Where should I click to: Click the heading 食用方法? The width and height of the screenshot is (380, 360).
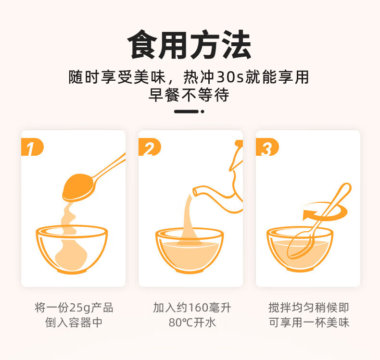click(x=189, y=45)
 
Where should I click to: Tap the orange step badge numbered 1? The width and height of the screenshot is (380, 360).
click(x=32, y=147)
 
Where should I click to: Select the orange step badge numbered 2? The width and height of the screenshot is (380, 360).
click(x=150, y=147)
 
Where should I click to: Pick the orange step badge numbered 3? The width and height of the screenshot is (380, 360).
click(x=267, y=147)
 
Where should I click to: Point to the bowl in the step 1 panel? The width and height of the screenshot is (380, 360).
click(x=72, y=249)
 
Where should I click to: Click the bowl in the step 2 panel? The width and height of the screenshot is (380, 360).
click(x=189, y=250)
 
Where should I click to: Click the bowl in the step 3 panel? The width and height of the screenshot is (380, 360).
click(x=300, y=249)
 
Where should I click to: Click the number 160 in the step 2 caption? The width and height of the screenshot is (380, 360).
click(x=198, y=308)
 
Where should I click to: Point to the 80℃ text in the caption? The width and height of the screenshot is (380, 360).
click(x=180, y=323)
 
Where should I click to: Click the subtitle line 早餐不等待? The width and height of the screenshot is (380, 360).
click(x=189, y=95)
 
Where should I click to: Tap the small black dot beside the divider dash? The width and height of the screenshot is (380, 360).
click(x=203, y=112)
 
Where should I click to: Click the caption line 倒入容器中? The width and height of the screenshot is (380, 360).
click(x=74, y=323)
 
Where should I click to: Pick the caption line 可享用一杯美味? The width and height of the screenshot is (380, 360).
click(x=309, y=323)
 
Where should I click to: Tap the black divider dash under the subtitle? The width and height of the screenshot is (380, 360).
click(x=186, y=112)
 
